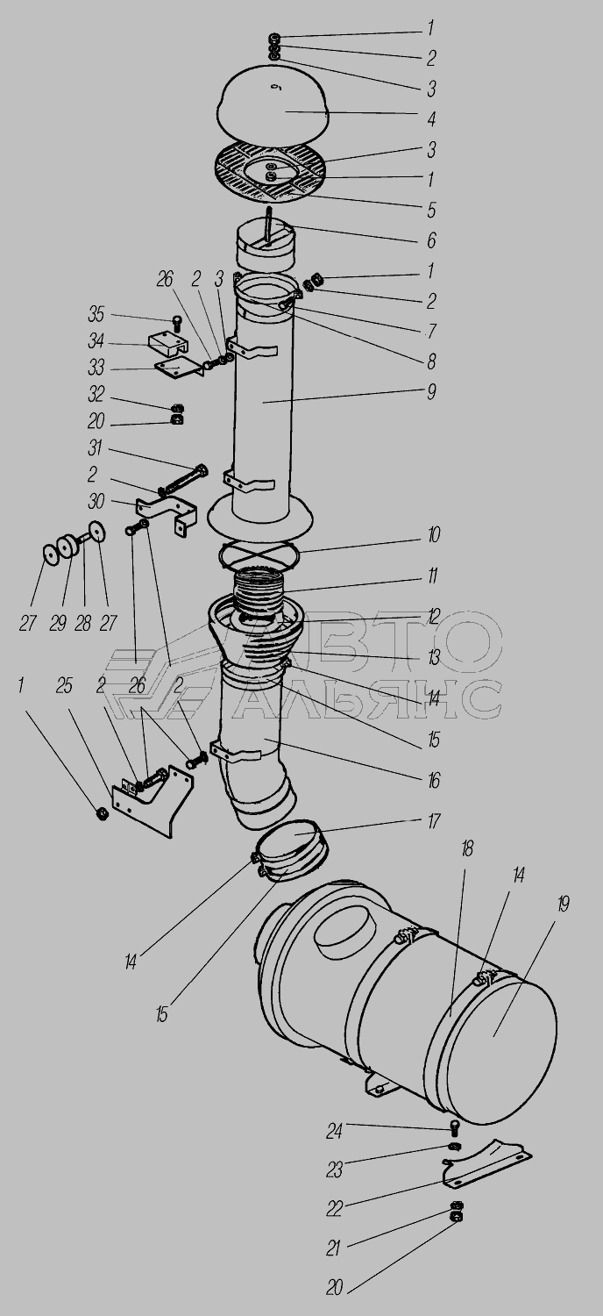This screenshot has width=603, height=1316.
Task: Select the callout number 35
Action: point(96,314)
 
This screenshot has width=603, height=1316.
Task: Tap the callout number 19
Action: point(563,904)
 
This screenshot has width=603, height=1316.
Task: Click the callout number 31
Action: point(95,448)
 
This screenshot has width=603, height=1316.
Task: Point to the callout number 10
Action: point(433,535)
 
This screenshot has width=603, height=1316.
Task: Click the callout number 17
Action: point(433,820)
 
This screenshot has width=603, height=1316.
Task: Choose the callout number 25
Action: point(65,685)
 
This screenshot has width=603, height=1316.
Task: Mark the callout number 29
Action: point(58,623)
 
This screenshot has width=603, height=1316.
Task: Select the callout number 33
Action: point(96,368)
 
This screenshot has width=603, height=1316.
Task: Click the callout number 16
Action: point(433,781)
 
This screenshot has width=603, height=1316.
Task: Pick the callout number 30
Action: point(96,501)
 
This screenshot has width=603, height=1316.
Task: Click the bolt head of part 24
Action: point(455,1125)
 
